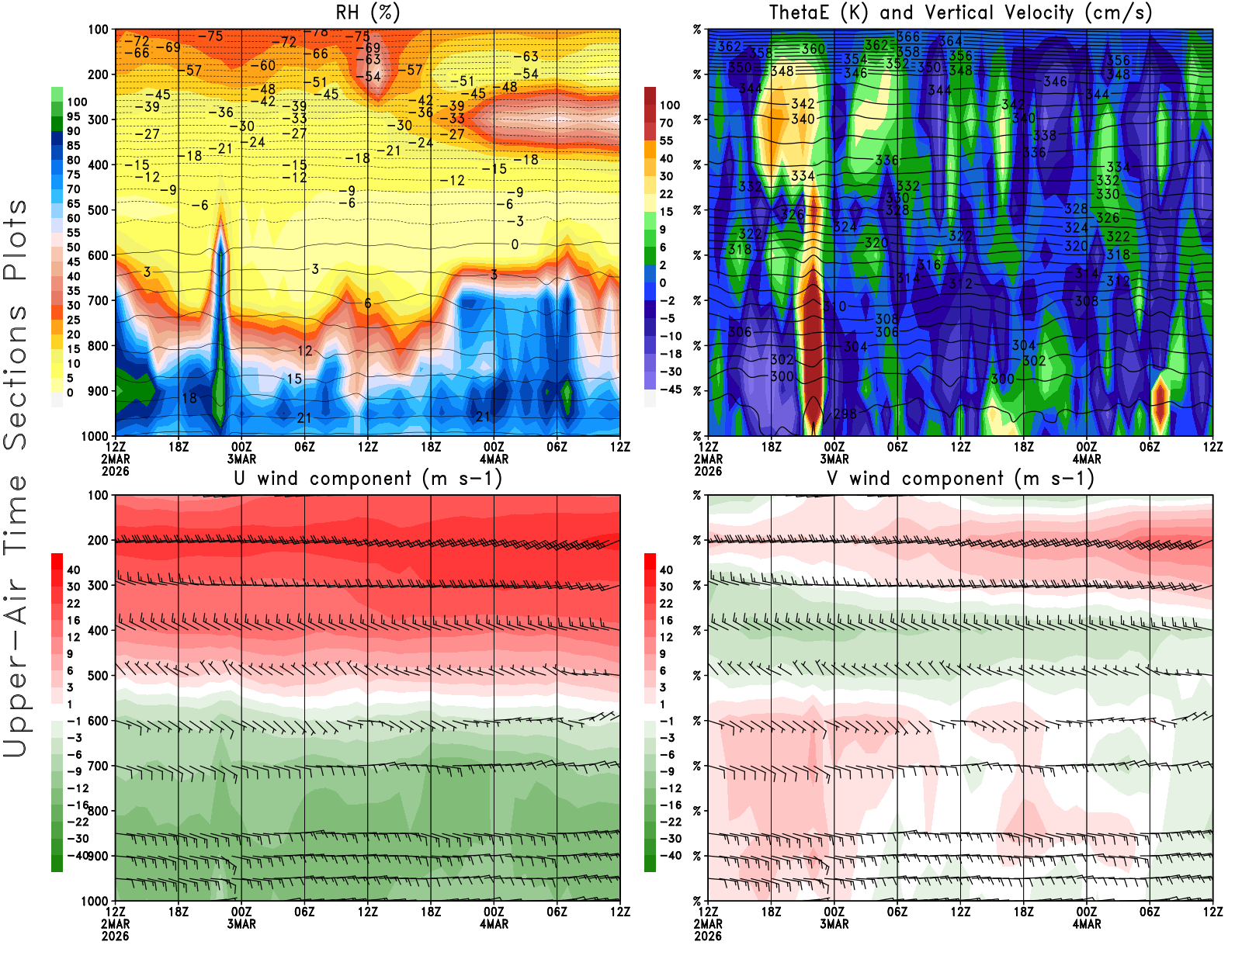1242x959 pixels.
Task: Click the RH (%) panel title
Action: (x=367, y=12)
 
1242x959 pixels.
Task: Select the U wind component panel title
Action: (x=368, y=478)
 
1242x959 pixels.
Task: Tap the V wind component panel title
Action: (x=960, y=478)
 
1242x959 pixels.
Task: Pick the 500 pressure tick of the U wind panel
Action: (x=98, y=676)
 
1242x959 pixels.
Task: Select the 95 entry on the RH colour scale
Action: (x=73, y=116)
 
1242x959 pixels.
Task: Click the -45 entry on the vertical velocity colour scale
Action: (x=670, y=389)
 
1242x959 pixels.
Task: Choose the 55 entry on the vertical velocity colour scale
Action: (x=666, y=140)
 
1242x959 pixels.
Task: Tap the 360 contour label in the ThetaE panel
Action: (x=813, y=49)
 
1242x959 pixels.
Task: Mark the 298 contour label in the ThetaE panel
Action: (x=845, y=414)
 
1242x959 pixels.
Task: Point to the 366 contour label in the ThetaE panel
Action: (x=908, y=36)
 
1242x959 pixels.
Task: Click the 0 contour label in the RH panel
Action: (x=515, y=244)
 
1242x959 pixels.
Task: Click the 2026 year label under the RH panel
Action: (x=115, y=471)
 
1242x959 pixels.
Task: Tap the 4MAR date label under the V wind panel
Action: (x=1087, y=924)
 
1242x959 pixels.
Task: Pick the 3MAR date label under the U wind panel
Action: (x=241, y=924)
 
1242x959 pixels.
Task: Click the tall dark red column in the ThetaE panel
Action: (x=812, y=341)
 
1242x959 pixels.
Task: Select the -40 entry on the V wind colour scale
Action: (x=670, y=855)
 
